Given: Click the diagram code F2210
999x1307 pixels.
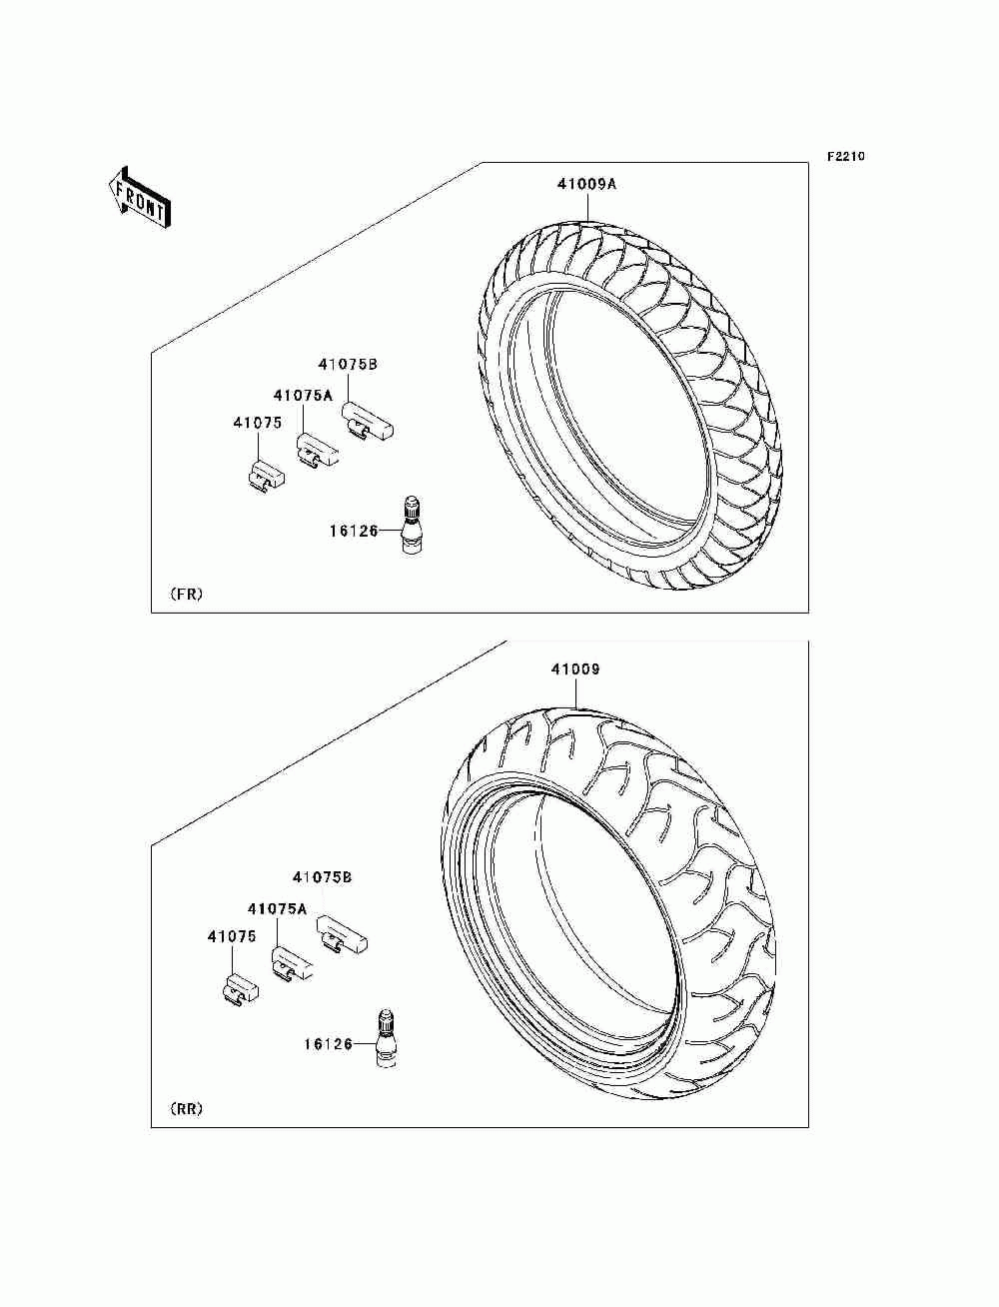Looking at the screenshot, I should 844,157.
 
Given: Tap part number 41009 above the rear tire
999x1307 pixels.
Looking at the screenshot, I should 574,669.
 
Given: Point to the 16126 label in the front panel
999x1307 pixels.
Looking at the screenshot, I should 353,531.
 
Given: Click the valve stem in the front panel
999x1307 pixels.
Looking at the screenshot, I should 410,523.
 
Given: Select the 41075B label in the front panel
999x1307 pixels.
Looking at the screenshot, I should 348,365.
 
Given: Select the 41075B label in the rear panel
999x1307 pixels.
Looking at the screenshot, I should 322,877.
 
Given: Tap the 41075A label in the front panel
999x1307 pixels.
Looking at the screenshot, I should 303,396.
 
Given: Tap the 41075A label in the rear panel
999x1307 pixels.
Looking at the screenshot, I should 277,909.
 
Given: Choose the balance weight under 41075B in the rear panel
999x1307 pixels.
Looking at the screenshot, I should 342,937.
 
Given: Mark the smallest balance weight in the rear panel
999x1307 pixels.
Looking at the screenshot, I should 239,987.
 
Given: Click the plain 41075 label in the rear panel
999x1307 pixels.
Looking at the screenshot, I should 232,937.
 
